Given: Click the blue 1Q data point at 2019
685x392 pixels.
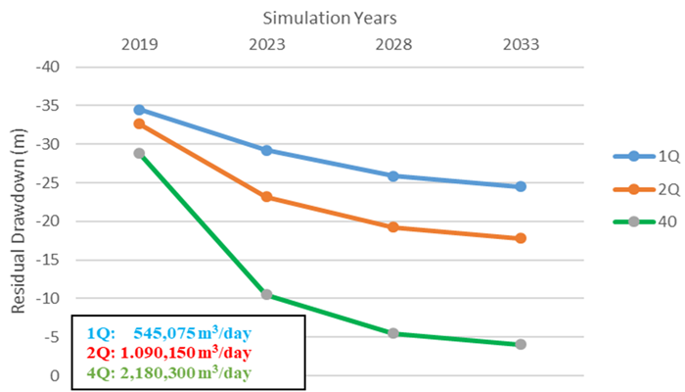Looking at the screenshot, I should (x=139, y=110).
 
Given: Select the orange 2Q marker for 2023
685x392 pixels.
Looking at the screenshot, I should (x=266, y=197).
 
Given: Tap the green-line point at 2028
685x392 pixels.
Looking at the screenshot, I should (x=393, y=333).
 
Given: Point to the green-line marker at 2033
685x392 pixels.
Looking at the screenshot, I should (x=521, y=344).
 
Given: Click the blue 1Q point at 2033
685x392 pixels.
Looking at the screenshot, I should (x=521, y=186).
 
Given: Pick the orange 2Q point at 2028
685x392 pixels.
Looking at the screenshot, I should (x=393, y=227).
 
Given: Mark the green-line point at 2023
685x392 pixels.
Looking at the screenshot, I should (x=266, y=295).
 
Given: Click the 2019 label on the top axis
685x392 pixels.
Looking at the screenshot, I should (x=139, y=44).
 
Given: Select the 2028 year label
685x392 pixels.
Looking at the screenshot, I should (x=393, y=44).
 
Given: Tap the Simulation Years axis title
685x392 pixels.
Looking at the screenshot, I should (x=330, y=18).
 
